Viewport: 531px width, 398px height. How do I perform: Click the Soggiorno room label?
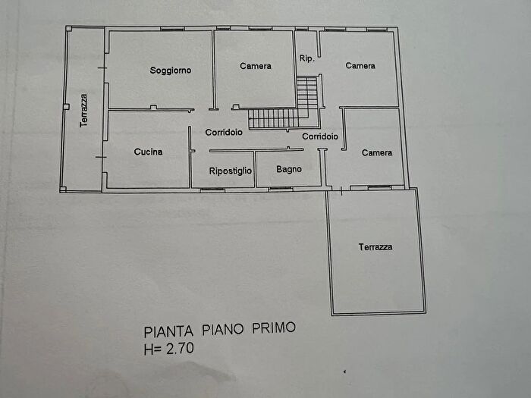tap(171, 71)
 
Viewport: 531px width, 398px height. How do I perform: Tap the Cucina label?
tap(148, 152)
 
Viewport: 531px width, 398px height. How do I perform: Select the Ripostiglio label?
tap(231, 171)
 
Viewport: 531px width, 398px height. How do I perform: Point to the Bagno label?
tap(289, 169)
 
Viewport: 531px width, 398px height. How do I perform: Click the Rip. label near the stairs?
tap(306, 58)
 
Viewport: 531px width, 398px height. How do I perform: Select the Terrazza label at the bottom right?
tap(376, 246)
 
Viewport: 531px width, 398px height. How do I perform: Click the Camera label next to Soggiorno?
tap(256, 66)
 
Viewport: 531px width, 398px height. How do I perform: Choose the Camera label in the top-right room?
tap(360, 66)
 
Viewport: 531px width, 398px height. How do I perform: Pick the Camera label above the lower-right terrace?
tap(377, 152)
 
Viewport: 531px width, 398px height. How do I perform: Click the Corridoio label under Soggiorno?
tap(224, 132)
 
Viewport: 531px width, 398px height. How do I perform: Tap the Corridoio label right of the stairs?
tap(319, 136)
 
